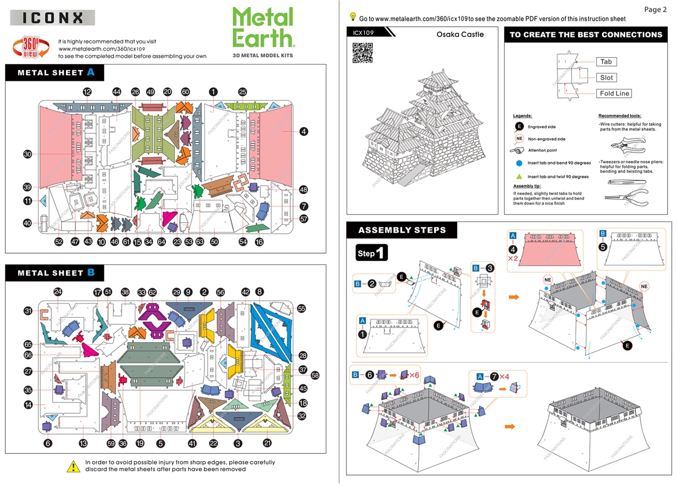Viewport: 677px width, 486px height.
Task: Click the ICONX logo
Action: click(x=53, y=17)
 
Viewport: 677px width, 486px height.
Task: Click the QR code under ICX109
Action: click(x=362, y=52)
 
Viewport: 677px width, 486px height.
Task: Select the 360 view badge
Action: click(x=31, y=48)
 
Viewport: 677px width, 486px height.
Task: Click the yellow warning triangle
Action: click(x=73, y=466)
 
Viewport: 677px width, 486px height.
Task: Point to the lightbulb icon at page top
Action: click(x=353, y=17)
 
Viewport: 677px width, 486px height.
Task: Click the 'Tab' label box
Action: click(x=606, y=62)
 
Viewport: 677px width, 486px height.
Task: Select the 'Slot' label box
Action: click(x=606, y=78)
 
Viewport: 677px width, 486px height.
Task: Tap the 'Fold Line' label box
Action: click(x=615, y=94)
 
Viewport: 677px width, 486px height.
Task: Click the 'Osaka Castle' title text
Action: click(x=460, y=34)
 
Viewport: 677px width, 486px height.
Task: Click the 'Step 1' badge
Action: click(x=373, y=253)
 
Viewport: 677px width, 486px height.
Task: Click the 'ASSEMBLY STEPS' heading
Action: click(x=401, y=230)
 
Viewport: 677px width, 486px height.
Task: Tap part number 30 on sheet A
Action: click(x=28, y=154)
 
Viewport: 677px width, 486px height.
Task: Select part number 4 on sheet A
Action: click(x=304, y=131)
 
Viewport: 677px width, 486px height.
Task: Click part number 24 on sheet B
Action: click(x=58, y=292)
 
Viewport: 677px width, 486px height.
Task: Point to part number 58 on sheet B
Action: click(x=315, y=375)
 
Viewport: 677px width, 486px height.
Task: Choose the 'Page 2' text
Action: click(x=655, y=10)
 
